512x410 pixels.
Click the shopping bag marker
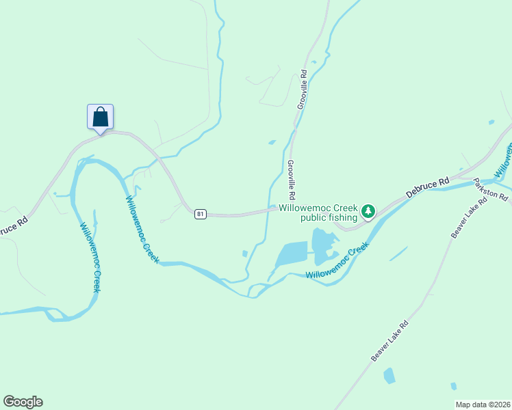pos(100,117)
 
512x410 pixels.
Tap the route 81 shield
pos(200,214)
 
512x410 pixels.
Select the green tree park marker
pos(368,211)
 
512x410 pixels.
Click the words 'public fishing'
pos(329,218)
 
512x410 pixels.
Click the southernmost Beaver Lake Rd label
pos(389,340)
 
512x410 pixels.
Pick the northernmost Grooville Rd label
pos(303,89)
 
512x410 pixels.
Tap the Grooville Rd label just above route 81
pos(292,179)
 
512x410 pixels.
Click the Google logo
pos(23,402)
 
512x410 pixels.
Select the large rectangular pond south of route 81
pos(291,255)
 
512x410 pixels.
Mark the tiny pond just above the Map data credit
pos(453,387)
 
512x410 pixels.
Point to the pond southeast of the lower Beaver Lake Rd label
pos(389,375)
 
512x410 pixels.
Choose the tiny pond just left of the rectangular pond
pos(245,254)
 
